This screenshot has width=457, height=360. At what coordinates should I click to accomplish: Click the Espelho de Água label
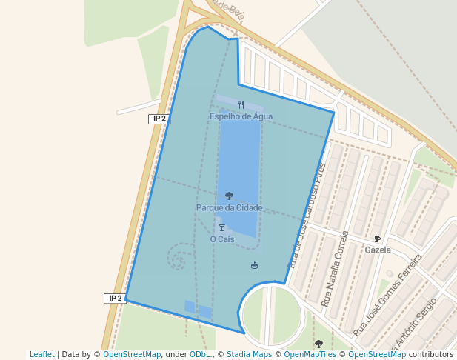pos(241,116)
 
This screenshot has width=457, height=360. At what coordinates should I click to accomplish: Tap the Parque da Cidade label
pos(229,208)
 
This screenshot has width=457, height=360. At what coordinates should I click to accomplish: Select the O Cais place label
pos(221,239)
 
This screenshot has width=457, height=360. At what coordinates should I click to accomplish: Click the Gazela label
pos(378,250)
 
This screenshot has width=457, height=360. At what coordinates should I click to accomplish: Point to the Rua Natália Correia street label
pos(335,269)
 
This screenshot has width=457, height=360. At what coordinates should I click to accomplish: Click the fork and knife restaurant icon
pos(241,105)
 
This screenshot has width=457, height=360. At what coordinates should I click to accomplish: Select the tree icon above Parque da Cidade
pos(229,196)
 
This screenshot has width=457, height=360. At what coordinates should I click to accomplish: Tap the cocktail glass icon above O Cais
pos(221,228)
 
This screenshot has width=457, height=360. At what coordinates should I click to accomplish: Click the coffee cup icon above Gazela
pos(377,239)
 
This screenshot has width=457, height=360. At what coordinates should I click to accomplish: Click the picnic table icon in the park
pos(255,265)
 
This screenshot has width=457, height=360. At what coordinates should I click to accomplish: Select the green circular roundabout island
pos(273,316)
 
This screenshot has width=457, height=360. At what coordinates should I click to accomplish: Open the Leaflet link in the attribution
pos(41,355)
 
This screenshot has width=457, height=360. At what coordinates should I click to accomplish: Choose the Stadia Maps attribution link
pos(249,355)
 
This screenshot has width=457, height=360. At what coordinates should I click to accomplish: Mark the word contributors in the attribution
pos(431,355)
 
